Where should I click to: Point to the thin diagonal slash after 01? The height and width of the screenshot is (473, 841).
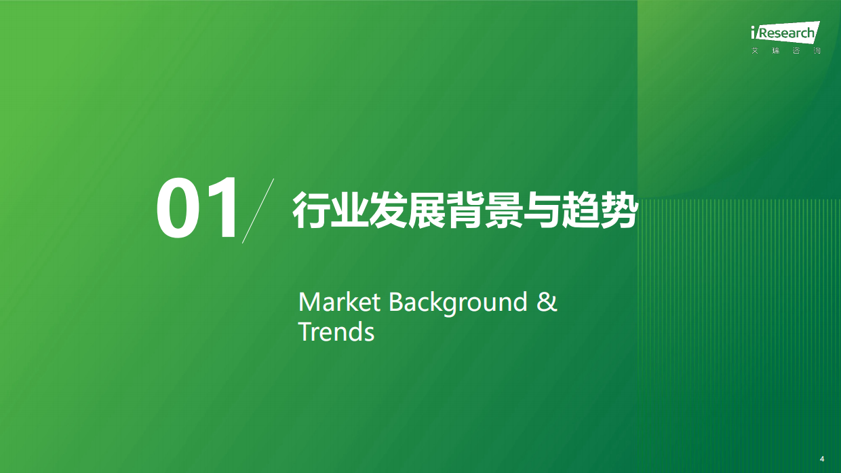point(258,210)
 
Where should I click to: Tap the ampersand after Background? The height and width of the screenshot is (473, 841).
point(547,302)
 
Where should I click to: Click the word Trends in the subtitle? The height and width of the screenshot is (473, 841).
point(336,333)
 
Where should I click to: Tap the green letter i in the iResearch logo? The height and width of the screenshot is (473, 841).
point(754,33)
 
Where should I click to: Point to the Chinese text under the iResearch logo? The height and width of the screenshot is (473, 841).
point(786,52)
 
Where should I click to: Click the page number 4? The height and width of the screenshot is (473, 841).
point(822,459)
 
